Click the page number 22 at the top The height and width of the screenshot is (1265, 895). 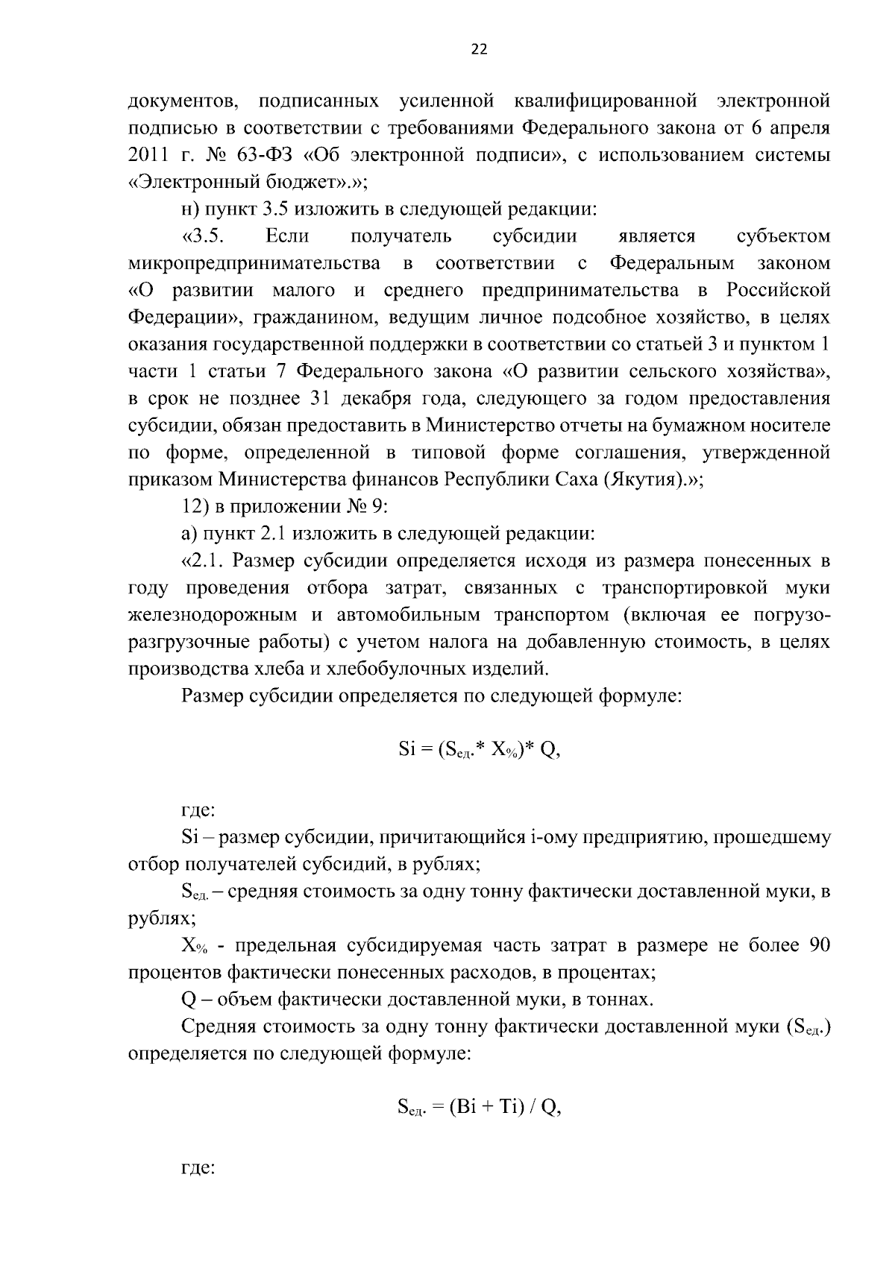click(479, 49)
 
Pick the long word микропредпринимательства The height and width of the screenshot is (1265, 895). click(254, 263)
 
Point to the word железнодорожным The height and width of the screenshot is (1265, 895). click(213, 615)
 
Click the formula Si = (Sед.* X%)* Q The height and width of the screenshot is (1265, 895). click(479, 751)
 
